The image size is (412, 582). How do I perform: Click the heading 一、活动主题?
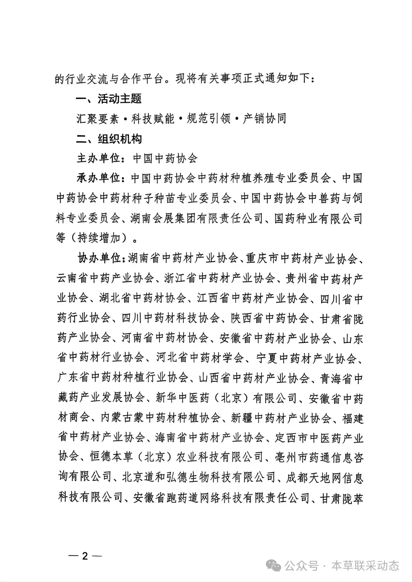pyautogui.click(x=109, y=99)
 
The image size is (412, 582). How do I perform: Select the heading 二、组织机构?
pyautogui.click(x=109, y=139)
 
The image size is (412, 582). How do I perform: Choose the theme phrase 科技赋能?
pyautogui.click(x=153, y=119)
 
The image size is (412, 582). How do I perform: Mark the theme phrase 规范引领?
pyautogui.click(x=209, y=119)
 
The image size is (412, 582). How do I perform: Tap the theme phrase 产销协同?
pyautogui.click(x=264, y=119)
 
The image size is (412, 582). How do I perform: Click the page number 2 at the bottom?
pyautogui.click(x=85, y=556)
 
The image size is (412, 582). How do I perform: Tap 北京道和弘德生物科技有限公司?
pyautogui.click(x=199, y=477)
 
